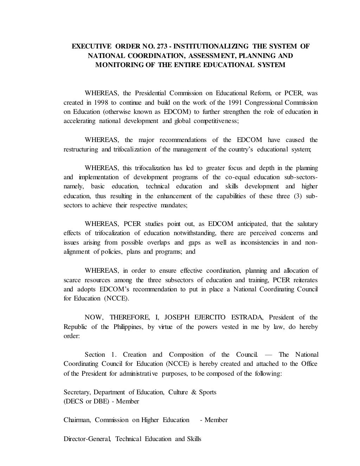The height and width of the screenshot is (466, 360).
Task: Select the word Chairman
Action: (x=76, y=420)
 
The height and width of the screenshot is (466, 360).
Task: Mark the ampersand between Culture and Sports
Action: (x=193, y=392)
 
